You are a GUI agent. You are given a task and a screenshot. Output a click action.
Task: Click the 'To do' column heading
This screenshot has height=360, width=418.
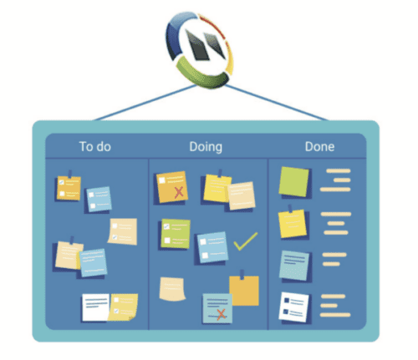[95, 147]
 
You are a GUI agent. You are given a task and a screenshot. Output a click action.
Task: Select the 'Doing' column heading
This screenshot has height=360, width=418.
[206, 147]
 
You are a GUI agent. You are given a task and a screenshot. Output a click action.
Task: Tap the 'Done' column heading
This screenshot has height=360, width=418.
[319, 147]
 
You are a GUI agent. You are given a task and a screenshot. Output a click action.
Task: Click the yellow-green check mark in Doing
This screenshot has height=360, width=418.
[245, 241]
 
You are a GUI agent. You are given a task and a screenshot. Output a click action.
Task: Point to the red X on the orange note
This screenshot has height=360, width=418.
[179, 192]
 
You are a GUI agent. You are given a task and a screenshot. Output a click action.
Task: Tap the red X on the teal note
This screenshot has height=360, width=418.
[222, 314]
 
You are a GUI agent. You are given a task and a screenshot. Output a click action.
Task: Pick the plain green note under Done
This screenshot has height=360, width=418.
[294, 181]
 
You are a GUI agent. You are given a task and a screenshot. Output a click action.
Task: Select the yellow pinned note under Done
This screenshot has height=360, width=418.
[293, 224]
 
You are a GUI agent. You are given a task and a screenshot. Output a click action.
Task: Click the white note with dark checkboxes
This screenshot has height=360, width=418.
[293, 307]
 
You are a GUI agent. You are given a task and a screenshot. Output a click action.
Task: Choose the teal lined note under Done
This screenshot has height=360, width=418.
[294, 266]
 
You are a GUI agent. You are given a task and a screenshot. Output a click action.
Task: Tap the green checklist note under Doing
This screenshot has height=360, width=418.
[176, 234]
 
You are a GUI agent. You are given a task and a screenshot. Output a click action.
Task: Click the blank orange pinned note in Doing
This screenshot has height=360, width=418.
[244, 291]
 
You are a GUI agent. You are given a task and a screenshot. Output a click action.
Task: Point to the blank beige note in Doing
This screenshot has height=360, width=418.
[172, 289]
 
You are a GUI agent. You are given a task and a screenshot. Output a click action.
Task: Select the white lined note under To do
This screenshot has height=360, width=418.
[95, 307]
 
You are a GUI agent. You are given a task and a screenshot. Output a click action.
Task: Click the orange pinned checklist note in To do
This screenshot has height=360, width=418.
[69, 188]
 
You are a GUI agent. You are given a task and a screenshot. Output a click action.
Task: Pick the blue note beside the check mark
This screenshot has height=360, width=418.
[212, 247]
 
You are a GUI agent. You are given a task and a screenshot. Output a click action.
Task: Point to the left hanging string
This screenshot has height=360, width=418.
[145, 103]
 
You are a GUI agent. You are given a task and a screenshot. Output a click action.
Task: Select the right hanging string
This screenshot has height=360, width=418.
[276, 103]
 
